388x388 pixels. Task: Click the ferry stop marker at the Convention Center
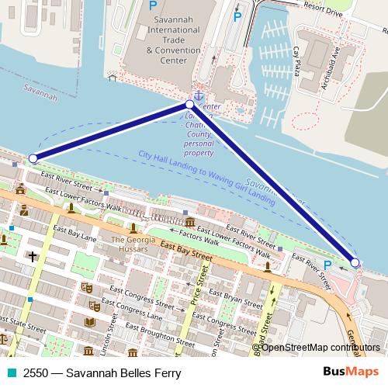pos(189,104)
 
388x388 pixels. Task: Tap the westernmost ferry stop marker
pos(33,158)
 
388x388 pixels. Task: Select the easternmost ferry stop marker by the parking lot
pos(355,263)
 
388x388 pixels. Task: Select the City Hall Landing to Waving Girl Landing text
pos(207,178)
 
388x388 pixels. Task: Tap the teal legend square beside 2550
pos(10,372)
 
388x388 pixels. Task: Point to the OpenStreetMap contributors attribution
pos(320,347)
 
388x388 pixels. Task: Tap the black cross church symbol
pos(33,255)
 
